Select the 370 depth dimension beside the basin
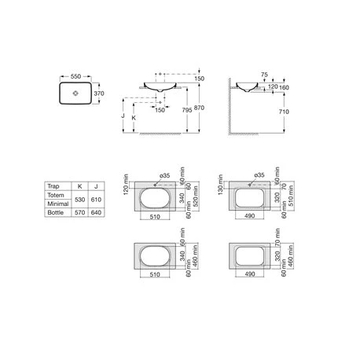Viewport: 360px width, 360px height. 99,94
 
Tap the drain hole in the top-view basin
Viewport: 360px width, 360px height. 75,94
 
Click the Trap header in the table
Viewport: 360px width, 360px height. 54,186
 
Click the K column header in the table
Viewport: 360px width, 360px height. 79,186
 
